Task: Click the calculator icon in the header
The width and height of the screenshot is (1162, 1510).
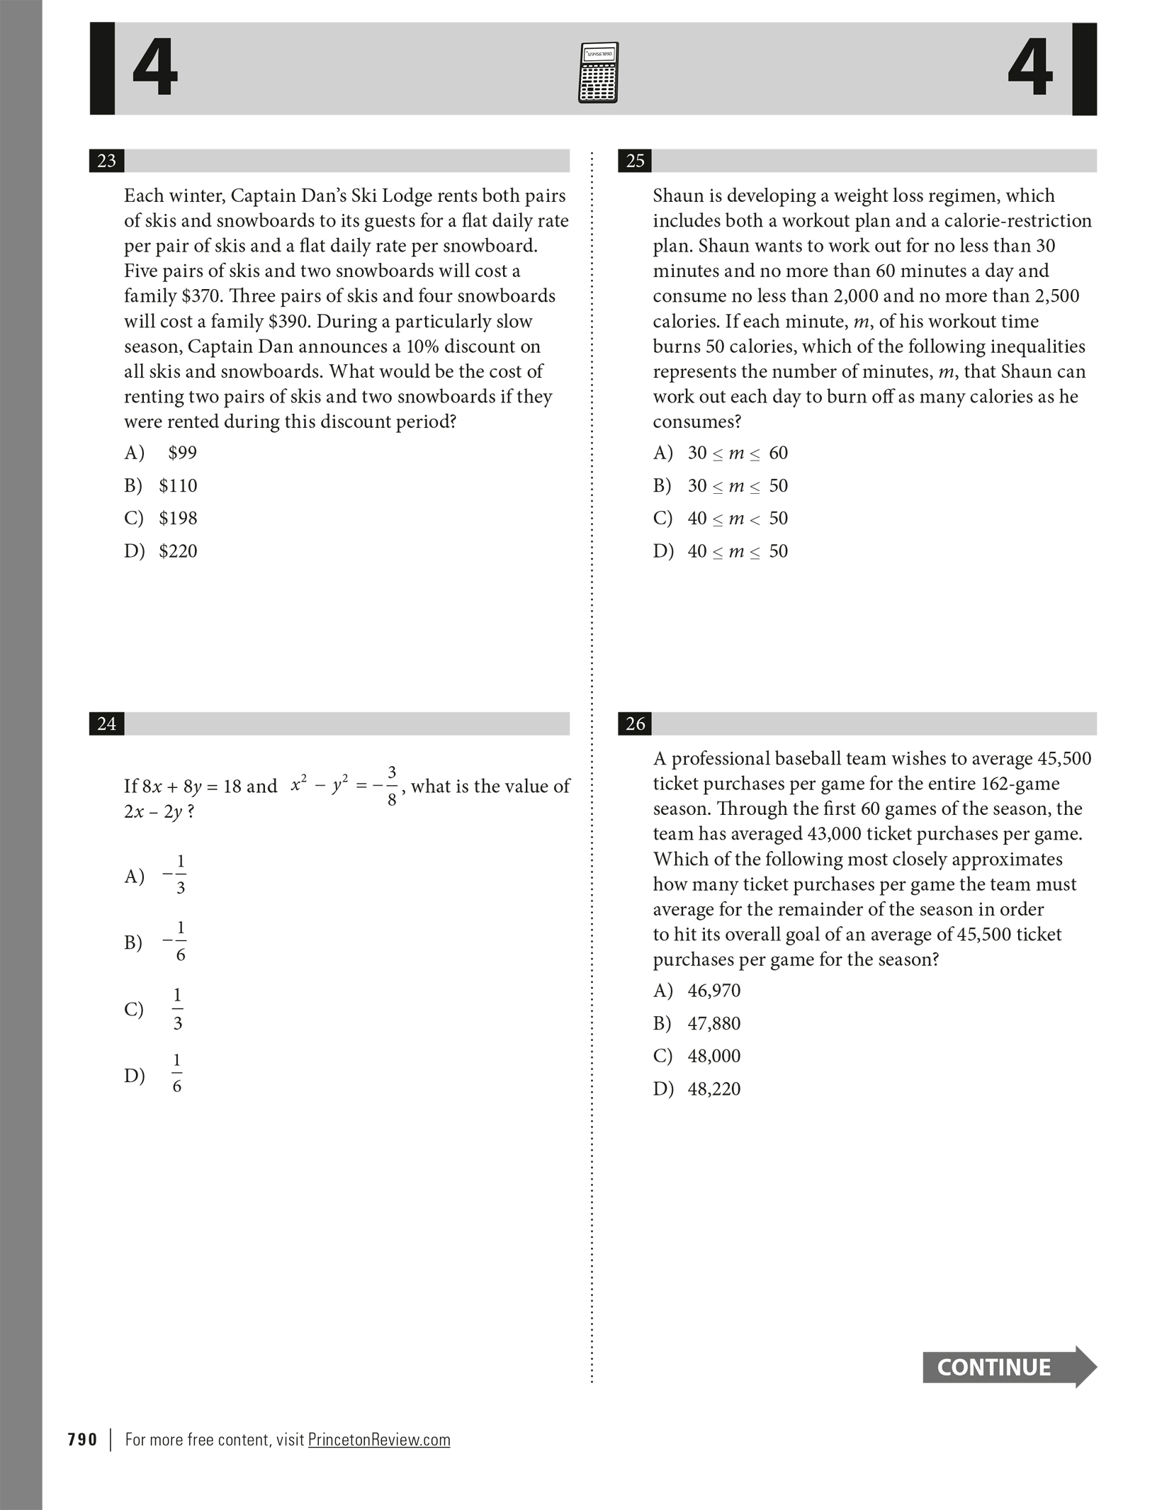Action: [598, 73]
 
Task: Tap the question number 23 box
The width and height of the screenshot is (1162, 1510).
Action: [106, 161]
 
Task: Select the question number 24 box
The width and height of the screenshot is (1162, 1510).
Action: [106, 723]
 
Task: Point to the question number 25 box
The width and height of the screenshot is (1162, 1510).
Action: [635, 161]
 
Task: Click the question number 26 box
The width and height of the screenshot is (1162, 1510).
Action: [635, 723]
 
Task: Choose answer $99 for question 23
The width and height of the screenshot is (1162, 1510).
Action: [182, 453]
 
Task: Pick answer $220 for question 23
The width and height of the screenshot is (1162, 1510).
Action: [178, 551]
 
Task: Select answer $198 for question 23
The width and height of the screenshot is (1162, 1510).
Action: [178, 519]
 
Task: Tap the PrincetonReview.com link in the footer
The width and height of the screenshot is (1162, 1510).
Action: [379, 1440]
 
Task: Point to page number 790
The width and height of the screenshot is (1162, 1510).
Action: [82, 1440]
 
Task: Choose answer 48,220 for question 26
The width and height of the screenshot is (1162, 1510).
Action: [713, 1088]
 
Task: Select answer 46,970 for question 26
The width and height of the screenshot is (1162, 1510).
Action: [713, 991]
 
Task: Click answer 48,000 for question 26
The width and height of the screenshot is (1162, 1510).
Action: [713, 1056]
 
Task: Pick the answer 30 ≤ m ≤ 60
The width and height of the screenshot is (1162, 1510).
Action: [737, 453]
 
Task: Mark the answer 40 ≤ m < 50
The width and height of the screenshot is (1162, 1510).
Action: [737, 519]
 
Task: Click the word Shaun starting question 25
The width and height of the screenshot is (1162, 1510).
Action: [677, 196]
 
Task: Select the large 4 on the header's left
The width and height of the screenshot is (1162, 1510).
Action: [154, 69]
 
